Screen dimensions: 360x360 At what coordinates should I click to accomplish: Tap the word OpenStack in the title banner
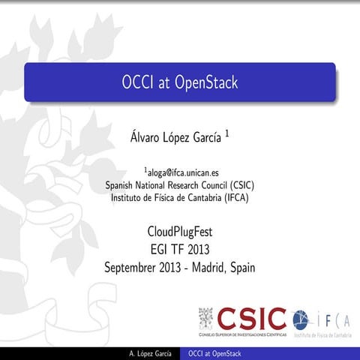pos(205,82)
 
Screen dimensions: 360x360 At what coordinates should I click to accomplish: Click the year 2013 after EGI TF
pos(202,248)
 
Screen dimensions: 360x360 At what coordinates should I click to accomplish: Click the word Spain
pos(240,266)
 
